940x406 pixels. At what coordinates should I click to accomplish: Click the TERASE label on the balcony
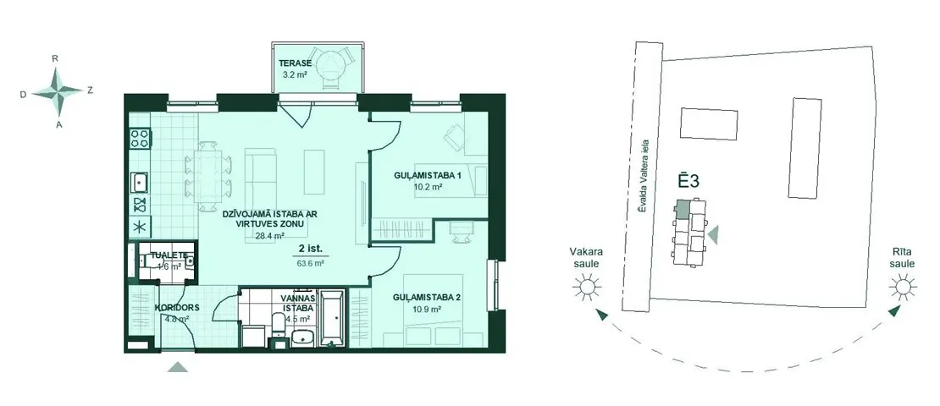(x=295, y=63)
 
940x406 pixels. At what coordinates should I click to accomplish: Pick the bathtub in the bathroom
(x=330, y=318)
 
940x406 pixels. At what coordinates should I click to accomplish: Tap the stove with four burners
(x=140, y=139)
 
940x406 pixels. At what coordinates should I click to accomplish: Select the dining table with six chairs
(x=208, y=176)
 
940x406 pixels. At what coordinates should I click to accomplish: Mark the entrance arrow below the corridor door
(x=178, y=366)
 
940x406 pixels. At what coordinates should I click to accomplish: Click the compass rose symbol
(x=58, y=91)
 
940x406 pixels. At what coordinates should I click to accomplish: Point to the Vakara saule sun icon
(x=586, y=287)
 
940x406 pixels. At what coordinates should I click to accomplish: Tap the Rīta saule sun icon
(x=902, y=287)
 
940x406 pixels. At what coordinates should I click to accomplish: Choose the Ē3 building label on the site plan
(x=688, y=181)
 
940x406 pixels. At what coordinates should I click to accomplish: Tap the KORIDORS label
(x=177, y=308)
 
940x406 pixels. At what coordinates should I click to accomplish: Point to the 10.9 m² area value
(x=427, y=310)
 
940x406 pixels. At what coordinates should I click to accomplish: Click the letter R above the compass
(x=55, y=58)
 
